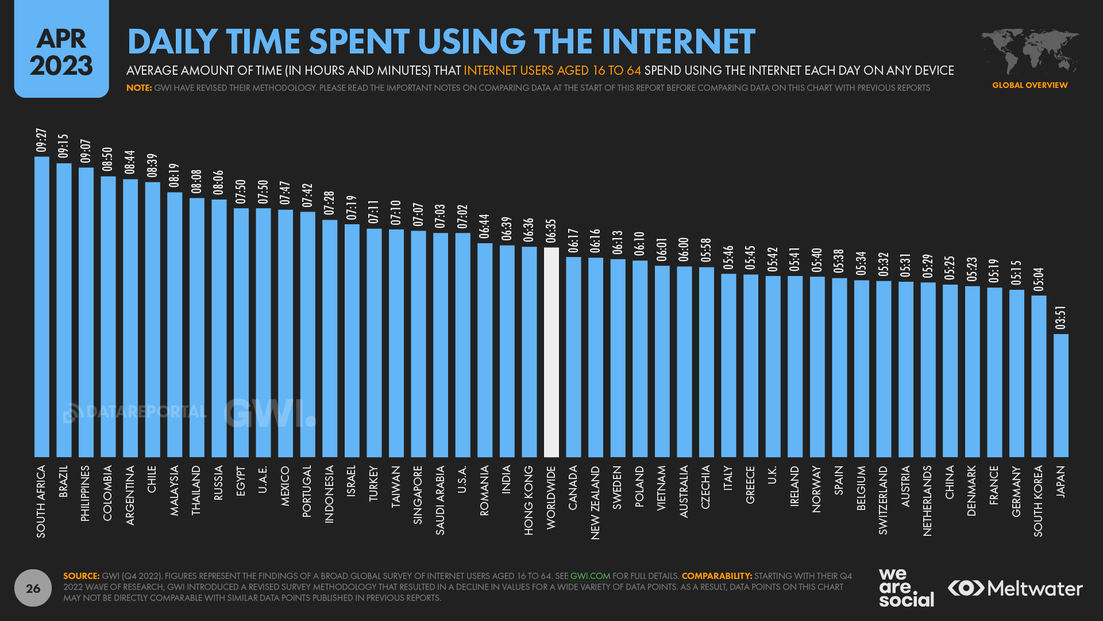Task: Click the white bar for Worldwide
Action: click(551, 352)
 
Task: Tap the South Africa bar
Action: click(42, 307)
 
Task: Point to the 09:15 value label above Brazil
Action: click(63, 146)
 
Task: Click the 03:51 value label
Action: click(1060, 318)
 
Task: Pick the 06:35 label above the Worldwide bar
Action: click(551, 231)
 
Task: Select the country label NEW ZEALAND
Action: click(595, 502)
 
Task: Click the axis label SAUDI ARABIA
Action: click(440, 500)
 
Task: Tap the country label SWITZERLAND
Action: click(883, 500)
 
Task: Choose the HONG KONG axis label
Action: click(529, 500)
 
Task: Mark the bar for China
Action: click(950, 371)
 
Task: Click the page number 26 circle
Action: click(33, 588)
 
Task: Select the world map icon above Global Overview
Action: click(1029, 51)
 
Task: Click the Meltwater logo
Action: click(1015, 588)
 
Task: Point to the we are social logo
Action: click(905, 588)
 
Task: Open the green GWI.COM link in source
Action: click(590, 576)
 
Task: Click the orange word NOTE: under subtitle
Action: click(139, 88)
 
